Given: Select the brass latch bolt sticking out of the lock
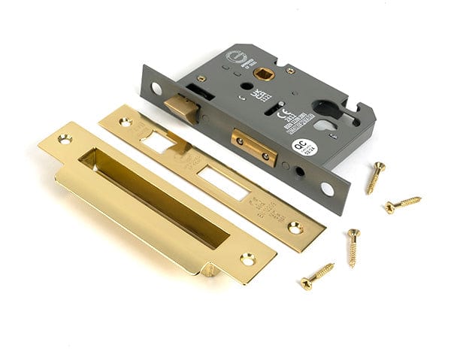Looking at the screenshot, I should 181,106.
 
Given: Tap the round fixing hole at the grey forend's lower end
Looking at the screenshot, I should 327,189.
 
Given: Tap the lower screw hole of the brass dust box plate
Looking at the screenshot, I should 247,259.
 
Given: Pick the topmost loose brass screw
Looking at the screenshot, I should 375,177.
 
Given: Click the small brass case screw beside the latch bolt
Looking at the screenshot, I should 201,78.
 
